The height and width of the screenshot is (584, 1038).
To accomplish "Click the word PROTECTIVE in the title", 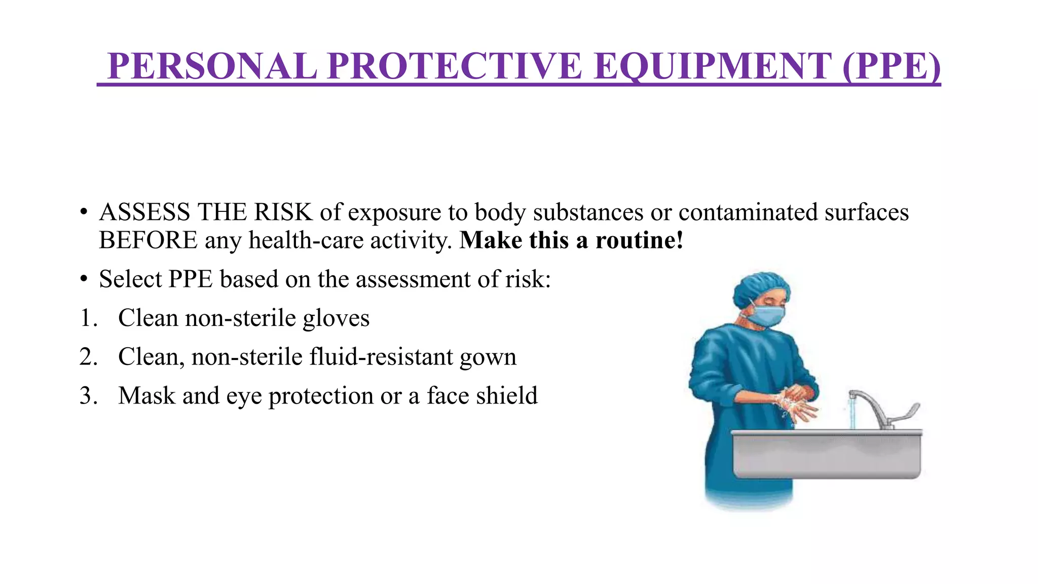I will pyautogui.click(x=454, y=66).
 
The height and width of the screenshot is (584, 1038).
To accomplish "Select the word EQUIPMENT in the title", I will pyautogui.click(x=712, y=66).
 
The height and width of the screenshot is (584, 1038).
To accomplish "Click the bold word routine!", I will pyautogui.click(x=639, y=240).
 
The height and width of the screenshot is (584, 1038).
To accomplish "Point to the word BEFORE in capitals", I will pyautogui.click(x=148, y=240).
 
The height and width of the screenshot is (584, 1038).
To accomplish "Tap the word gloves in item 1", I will pyautogui.click(x=336, y=318).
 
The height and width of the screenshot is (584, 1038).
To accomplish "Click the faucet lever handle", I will pyautogui.click(x=905, y=413).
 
